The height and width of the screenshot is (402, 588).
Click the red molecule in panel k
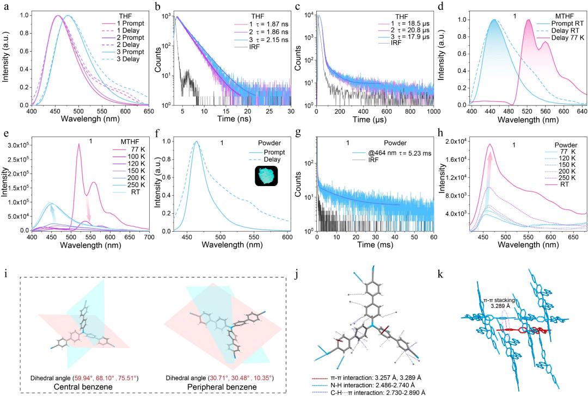tap(520, 330)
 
